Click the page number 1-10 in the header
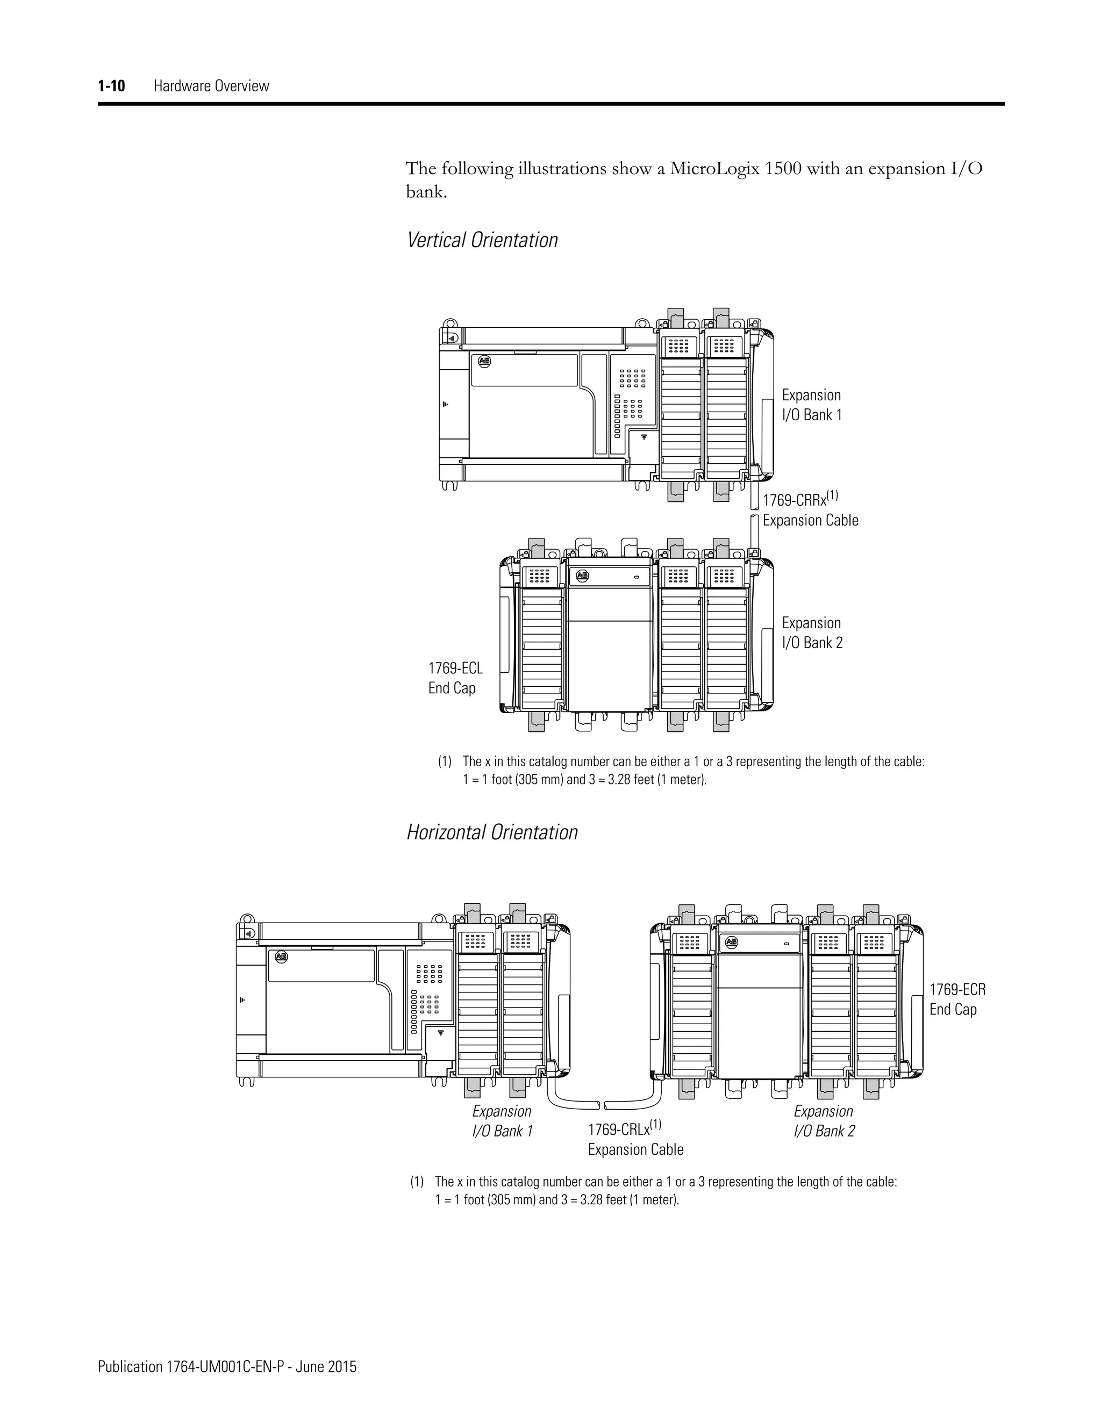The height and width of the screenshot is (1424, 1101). tap(111, 86)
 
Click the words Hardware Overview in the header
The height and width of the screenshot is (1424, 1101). tap(211, 86)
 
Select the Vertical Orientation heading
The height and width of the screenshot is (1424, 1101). tap(482, 240)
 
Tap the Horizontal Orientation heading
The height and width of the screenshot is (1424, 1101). tap(492, 832)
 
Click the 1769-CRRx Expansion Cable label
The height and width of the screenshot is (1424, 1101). tap(810, 510)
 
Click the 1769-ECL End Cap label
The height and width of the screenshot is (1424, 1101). tap(455, 678)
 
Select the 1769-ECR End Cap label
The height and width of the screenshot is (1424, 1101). tap(957, 999)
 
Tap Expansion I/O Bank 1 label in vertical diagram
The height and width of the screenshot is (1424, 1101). tap(811, 405)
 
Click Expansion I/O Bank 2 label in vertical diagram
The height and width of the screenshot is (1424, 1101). tap(812, 633)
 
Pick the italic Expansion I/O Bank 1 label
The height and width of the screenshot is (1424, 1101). tap(502, 1121)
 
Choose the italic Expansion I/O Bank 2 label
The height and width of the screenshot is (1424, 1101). tap(824, 1121)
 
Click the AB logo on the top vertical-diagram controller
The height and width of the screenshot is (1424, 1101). tap(484, 361)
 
